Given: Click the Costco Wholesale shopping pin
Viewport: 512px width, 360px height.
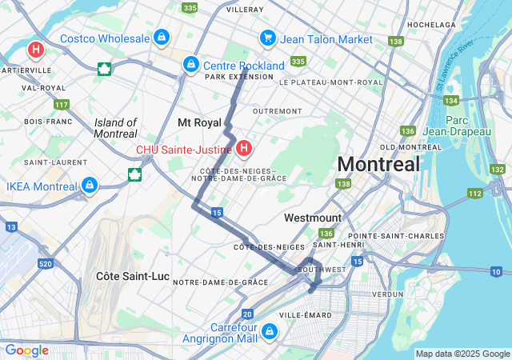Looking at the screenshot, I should [x=162, y=37].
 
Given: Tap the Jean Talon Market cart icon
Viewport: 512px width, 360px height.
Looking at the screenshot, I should [x=268, y=38].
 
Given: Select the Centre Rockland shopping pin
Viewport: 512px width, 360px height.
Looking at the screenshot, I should [x=190, y=64].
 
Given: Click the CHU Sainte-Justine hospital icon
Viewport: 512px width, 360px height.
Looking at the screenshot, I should [x=244, y=148].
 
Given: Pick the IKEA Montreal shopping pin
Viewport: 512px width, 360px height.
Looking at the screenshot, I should [x=90, y=186].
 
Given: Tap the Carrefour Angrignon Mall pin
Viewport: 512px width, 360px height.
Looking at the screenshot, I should [x=270, y=330].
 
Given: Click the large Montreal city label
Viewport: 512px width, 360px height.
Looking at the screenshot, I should [x=378, y=164].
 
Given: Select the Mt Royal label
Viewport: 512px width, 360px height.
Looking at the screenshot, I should [x=199, y=122].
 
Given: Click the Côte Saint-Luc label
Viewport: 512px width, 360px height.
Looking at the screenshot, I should [x=133, y=276].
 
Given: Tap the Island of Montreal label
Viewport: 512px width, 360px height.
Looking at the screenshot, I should [x=116, y=128].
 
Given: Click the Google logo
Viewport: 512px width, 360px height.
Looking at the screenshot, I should [x=26, y=350].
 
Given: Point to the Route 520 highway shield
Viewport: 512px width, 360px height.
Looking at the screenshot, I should [x=45, y=263].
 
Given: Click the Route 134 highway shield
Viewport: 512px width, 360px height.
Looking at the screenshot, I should [x=451, y=100].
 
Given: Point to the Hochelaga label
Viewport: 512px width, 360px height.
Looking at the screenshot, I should [x=431, y=25].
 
